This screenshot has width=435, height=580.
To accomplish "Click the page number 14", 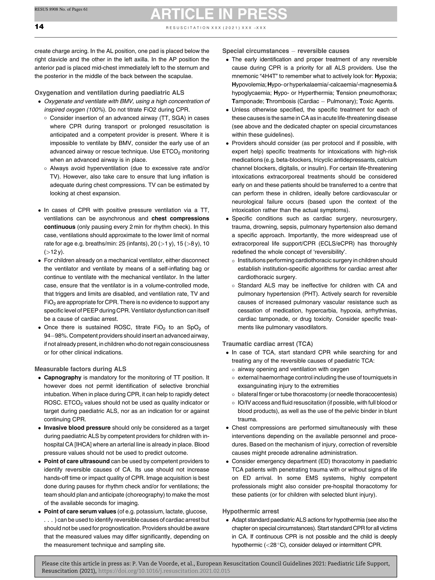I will (x=39, y=27).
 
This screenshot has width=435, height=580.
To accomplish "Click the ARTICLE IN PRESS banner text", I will (x=219, y=14).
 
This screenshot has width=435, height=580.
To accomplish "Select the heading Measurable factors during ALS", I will (x=80, y=369).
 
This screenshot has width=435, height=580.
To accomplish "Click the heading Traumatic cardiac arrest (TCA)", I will (x=267, y=344).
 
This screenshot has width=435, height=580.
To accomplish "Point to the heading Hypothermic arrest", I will (x=250, y=511).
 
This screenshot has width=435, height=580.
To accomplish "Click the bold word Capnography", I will (x=62, y=378).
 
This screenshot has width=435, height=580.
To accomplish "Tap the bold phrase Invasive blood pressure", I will (x=77, y=428).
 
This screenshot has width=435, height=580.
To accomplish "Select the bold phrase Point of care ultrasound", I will (x=76, y=461).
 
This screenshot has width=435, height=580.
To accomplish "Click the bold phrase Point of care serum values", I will (x=80, y=511).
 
